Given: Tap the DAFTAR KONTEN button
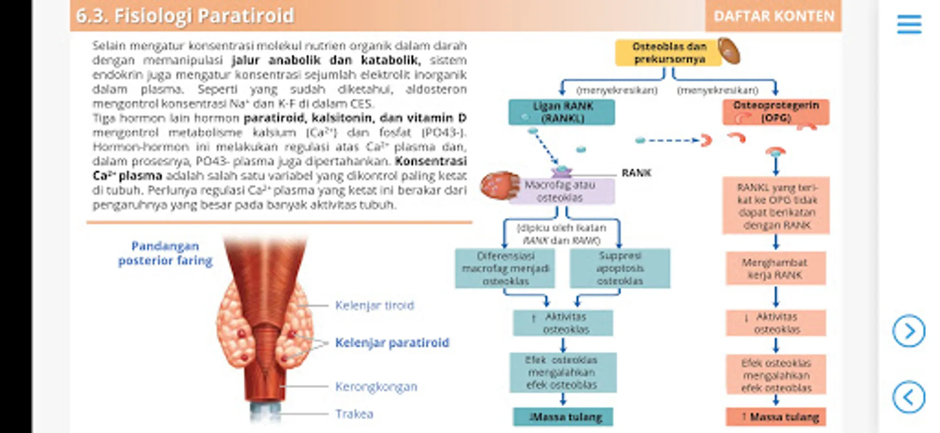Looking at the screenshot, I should pos(773,16).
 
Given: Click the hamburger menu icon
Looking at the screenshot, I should pos(909,25).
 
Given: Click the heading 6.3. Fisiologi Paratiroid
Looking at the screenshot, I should pos(185,16).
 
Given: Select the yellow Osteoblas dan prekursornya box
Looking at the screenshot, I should pos(669,53).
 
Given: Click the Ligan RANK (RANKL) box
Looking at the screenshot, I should pos(562,112).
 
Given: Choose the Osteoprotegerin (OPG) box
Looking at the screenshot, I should pos(775,112).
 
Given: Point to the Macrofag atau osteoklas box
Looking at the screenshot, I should pos(560,191).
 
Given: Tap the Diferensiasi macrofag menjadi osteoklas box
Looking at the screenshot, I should pos(505,268).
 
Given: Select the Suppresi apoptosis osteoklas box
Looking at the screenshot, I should pos(619,268).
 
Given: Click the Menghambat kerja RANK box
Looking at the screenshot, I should pos(775,268).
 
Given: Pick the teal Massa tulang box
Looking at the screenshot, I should pos(563,417).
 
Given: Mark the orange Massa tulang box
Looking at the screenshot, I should pos(775,417).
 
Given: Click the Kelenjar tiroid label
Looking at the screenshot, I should pos(374,306).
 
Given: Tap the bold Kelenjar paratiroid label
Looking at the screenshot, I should pos(392,343).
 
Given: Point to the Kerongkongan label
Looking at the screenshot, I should pos(376,386).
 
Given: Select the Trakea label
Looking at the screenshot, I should pos(354,414).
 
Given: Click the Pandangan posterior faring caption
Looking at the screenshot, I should pos(165,254).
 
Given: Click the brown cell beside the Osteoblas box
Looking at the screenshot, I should pos(729,51).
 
